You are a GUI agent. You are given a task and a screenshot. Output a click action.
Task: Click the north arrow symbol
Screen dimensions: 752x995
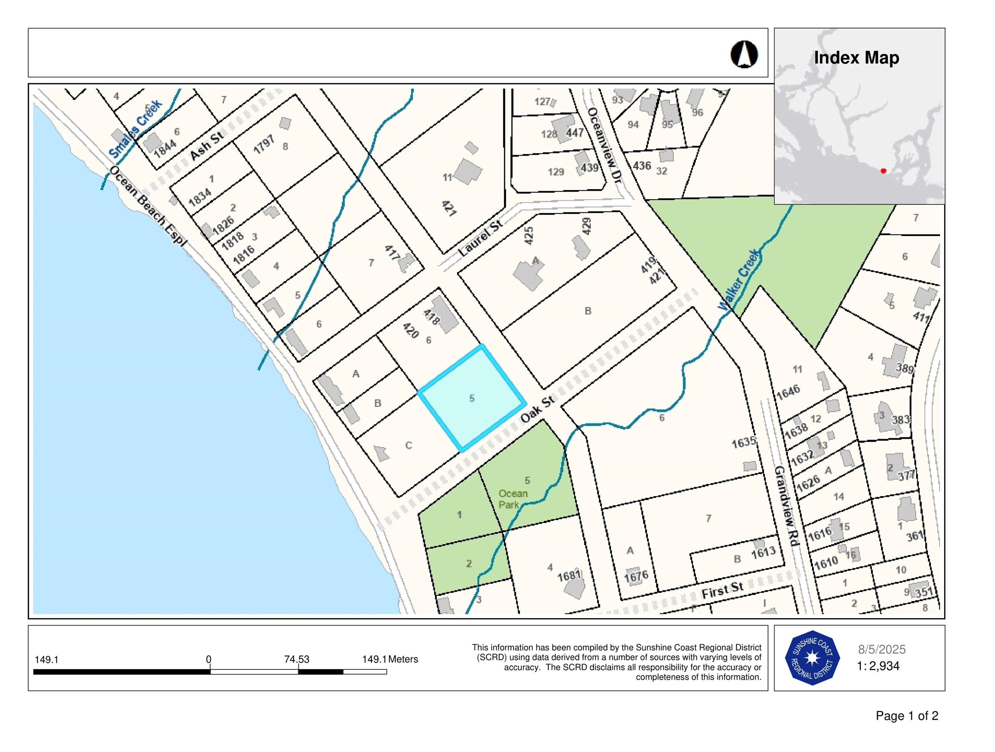[744, 54]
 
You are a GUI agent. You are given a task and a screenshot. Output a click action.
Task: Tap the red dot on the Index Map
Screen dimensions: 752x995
[883, 171]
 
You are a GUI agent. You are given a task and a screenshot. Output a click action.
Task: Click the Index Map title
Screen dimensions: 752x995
[856, 58]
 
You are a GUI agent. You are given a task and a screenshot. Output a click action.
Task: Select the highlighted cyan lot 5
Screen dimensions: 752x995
[472, 398]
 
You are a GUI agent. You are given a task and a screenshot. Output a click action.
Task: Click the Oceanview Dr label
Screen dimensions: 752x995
[604, 145]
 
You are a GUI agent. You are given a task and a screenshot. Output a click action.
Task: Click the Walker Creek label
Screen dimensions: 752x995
[740, 280]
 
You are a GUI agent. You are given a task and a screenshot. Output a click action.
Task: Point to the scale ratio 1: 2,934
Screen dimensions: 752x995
[878, 666]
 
